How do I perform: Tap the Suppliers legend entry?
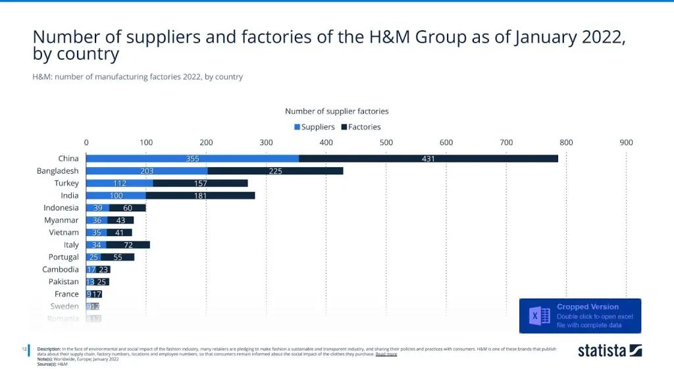314,127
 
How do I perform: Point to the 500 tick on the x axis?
386,142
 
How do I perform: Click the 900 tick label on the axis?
626,142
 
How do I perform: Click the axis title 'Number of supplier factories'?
336,111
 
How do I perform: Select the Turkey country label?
66,183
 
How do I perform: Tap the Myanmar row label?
61,220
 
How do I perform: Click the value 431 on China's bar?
428,159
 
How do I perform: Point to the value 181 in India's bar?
200,195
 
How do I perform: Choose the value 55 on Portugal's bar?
118,257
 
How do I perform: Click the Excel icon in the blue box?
540,316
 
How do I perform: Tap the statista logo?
609,350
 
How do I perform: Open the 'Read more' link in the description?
386,354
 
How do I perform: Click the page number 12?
24,348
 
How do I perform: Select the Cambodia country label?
61,269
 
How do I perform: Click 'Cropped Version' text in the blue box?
588,307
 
